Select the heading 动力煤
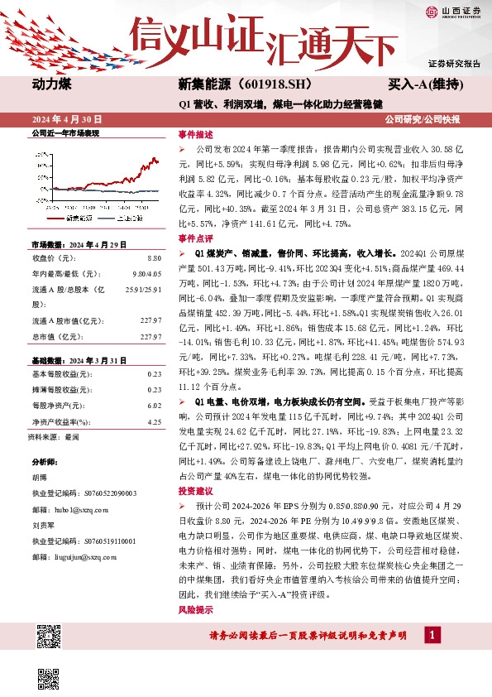coord(53,84)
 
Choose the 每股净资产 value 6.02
coord(153,406)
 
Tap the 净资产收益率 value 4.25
coord(153,421)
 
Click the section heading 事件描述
coord(195,133)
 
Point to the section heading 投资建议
coord(195,491)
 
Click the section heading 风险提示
coord(195,609)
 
